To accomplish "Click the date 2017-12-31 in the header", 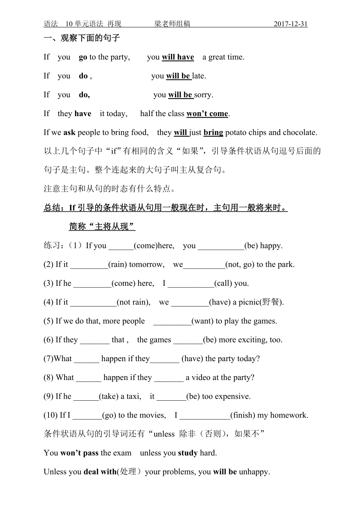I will click(290, 24).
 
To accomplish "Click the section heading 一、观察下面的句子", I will click(81, 38).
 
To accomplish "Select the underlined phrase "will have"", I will click(178, 57).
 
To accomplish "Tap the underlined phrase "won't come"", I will click(207, 114).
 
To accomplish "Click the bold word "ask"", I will click(69, 133).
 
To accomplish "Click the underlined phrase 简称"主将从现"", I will click(102, 227).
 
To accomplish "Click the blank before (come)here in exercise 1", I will click(121, 246).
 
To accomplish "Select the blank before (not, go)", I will click(204, 265).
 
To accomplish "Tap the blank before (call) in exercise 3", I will click(191, 284).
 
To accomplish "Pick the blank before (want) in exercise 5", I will click(172, 321).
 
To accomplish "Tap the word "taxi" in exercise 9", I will click(134, 396).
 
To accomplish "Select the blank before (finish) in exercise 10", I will click(205, 416).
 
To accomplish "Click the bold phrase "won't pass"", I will click(79, 453).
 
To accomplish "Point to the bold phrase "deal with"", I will click(100, 472).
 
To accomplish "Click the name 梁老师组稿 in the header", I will click(172, 24).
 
